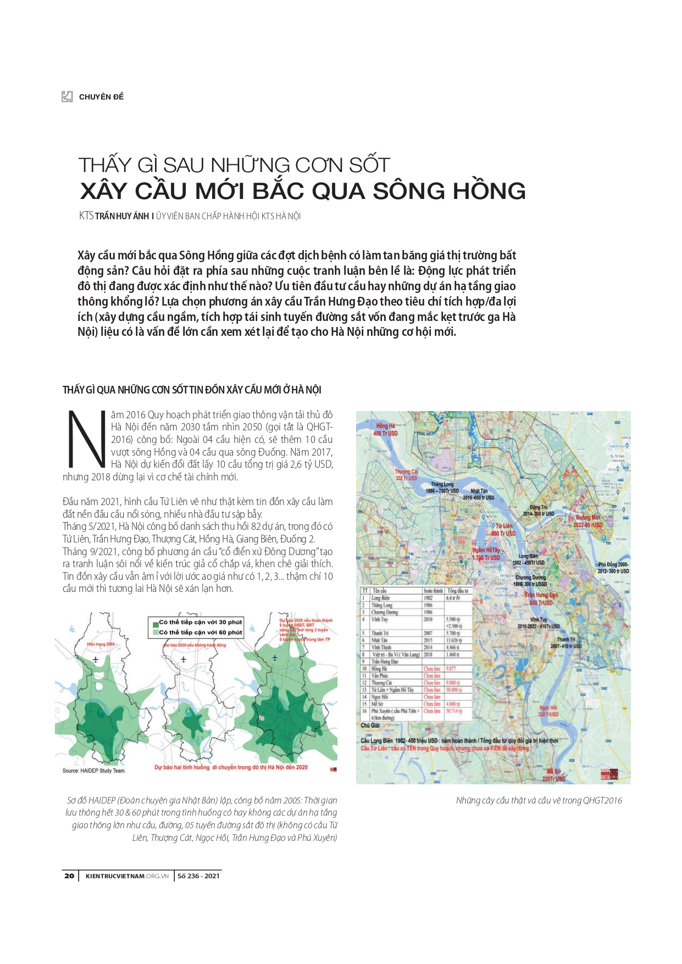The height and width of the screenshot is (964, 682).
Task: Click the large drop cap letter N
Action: [x=86, y=439]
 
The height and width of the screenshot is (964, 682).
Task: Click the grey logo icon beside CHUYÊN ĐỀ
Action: [x=67, y=97]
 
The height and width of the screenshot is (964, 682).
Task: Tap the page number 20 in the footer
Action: [x=69, y=876]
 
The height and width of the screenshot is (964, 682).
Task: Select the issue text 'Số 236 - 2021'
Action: [x=198, y=876]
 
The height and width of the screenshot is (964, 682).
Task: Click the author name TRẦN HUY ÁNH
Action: [x=122, y=216]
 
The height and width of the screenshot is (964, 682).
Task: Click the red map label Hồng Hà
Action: [x=385, y=426]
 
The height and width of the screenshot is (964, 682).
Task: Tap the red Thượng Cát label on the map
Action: [x=406, y=472]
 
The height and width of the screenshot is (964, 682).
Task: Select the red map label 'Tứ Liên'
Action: [x=504, y=526]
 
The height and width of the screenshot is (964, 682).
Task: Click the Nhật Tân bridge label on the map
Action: [x=479, y=491]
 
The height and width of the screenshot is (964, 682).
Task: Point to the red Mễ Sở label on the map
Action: [x=553, y=772]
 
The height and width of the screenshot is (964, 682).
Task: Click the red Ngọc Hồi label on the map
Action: [x=548, y=708]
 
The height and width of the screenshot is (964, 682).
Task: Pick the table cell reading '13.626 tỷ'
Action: [x=454, y=640]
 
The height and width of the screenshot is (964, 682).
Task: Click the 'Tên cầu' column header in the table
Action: [x=380, y=591]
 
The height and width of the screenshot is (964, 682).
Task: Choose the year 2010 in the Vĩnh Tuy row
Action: [x=428, y=619]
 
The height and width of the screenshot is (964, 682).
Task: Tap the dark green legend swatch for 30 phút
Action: [x=154, y=623]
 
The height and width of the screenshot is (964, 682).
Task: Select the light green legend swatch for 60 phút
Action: [x=154, y=633]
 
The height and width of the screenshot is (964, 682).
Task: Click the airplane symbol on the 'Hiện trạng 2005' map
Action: [x=96, y=659]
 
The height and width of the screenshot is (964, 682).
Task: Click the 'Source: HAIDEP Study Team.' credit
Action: [x=94, y=771]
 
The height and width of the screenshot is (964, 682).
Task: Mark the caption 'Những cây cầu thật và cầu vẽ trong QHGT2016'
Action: [x=539, y=800]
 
